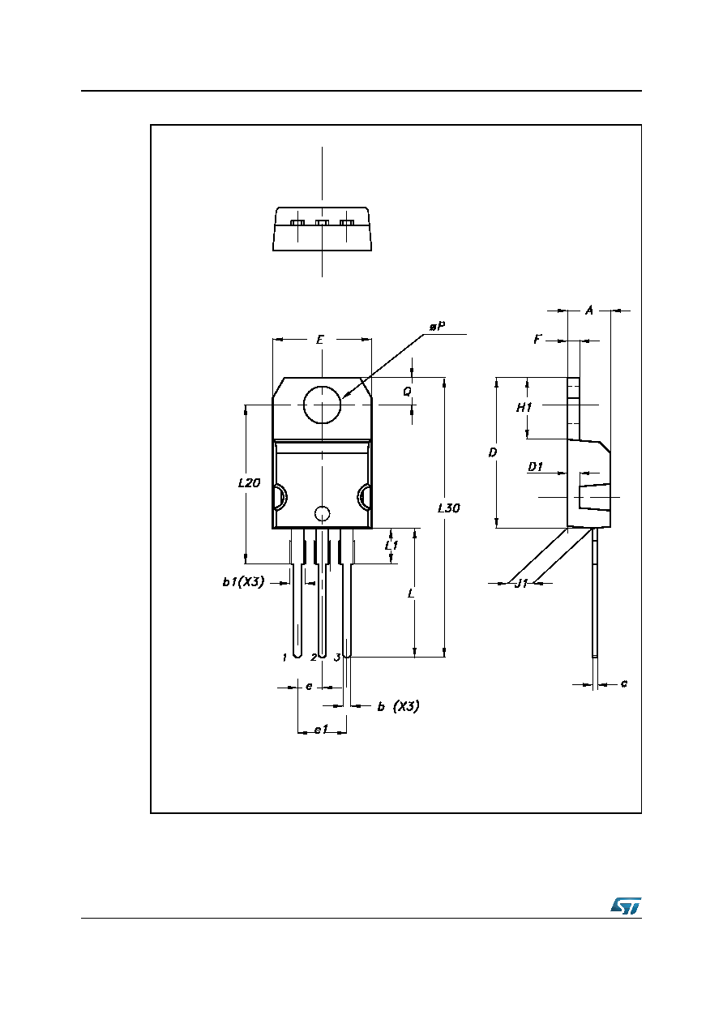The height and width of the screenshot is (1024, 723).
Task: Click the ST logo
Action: click(626, 905)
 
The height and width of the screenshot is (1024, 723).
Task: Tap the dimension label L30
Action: click(449, 508)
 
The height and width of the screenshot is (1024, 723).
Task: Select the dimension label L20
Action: click(249, 482)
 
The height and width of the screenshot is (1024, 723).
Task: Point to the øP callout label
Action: click(438, 327)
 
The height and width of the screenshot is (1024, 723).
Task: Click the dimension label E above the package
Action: click(320, 340)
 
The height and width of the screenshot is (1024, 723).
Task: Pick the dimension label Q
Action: click(407, 392)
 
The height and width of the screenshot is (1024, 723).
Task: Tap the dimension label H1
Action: click(524, 407)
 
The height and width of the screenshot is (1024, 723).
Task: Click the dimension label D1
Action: click(535, 467)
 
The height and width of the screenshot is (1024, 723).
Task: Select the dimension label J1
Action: click(521, 583)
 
